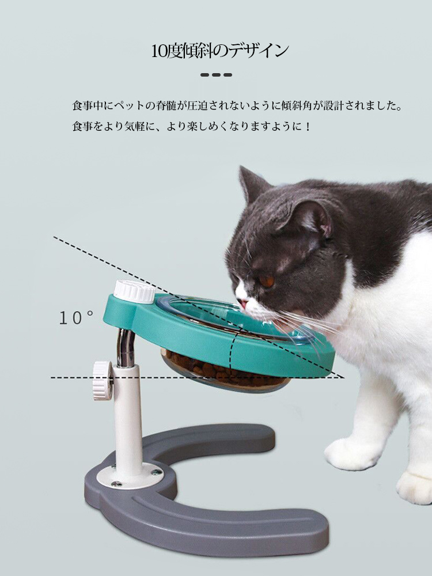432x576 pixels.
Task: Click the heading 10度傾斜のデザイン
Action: (x=219, y=51)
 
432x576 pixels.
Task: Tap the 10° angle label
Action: (x=76, y=318)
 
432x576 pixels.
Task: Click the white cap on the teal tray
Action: (x=134, y=291)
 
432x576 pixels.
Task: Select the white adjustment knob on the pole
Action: (x=102, y=380)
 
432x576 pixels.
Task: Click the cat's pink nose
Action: (x=242, y=304)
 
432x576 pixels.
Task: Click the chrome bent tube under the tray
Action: (x=126, y=348)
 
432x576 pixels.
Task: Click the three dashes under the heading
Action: (x=217, y=75)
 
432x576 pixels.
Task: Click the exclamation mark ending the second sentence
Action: (x=308, y=127)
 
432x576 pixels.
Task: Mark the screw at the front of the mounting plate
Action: (x=116, y=484)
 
